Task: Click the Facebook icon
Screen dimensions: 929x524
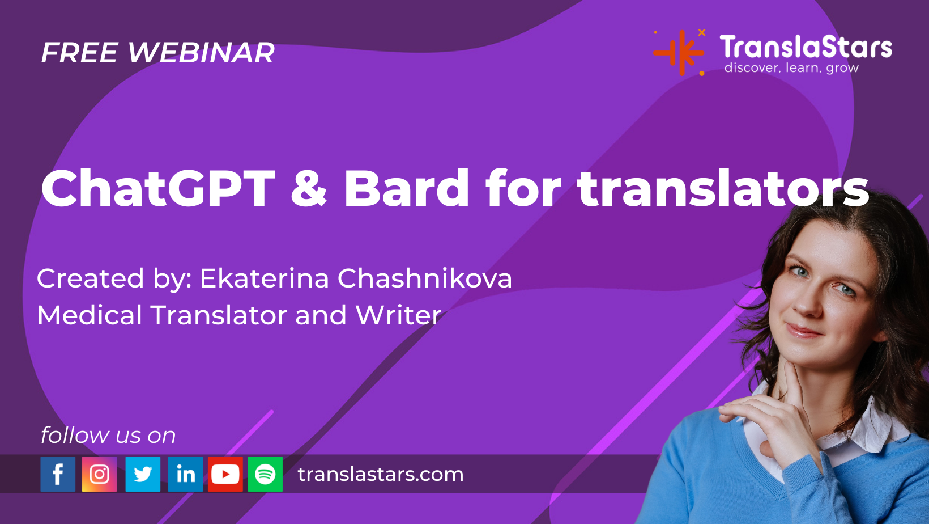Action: (58, 474)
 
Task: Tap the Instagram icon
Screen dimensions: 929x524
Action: (100, 474)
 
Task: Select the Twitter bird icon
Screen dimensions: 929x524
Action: (143, 474)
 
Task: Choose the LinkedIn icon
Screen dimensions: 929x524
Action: (185, 474)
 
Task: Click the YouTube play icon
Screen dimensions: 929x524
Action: (225, 474)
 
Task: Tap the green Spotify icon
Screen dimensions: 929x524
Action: (265, 474)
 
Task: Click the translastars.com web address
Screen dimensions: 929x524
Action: (381, 474)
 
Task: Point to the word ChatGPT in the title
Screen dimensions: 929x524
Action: (158, 188)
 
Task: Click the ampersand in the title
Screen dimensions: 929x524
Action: (309, 188)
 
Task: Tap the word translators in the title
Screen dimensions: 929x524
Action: (723, 188)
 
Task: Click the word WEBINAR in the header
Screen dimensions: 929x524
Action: (201, 53)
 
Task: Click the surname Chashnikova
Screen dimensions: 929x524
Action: (425, 278)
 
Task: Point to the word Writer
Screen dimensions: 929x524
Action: (399, 315)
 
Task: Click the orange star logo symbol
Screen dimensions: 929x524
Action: (679, 53)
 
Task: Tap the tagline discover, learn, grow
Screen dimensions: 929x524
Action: (791, 67)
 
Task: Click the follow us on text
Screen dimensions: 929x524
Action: (108, 435)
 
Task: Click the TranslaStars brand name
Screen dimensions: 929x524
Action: (806, 47)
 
